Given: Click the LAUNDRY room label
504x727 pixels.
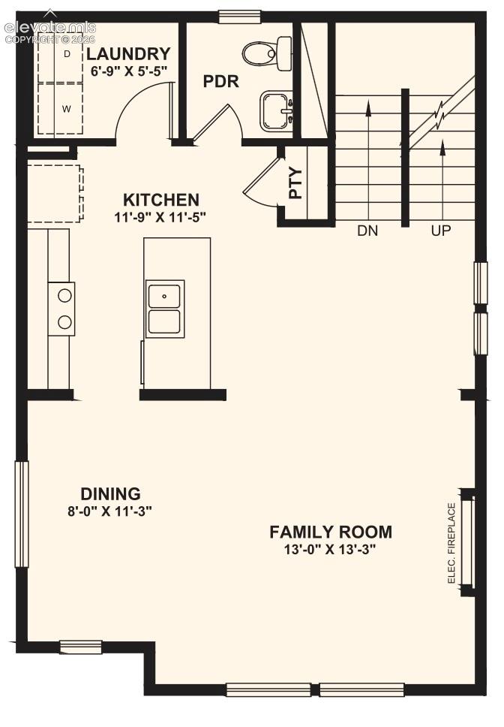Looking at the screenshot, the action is pos(129,54).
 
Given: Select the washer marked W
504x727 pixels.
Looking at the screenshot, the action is pos(61,109).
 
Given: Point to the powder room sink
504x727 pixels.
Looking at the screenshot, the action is pos(277,110).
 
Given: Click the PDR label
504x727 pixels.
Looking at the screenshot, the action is pos(220,82).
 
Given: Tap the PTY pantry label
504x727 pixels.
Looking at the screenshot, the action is pos(295,183).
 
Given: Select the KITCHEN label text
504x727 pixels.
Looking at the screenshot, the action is pos(161,200).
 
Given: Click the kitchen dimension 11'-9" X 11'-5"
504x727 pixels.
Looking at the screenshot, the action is pos(160,217).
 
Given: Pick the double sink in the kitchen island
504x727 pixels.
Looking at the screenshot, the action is pos(165,309).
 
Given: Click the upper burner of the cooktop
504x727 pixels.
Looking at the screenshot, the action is pos(64,295).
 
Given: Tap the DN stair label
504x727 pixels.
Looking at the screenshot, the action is pos(367,230).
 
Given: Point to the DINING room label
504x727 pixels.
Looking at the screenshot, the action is pos(110,493).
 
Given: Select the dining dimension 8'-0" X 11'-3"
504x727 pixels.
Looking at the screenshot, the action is pos(110,511).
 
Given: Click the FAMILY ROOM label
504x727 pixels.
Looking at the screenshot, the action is pos(331,532).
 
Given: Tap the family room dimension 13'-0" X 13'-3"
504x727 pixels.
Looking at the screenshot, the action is pos(329,550).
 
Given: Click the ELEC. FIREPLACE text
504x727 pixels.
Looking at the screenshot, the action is pos(452,544).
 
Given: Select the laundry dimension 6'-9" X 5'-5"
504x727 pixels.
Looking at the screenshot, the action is pos(129,71).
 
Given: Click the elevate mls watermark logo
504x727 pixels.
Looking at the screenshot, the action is pos(50,32).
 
